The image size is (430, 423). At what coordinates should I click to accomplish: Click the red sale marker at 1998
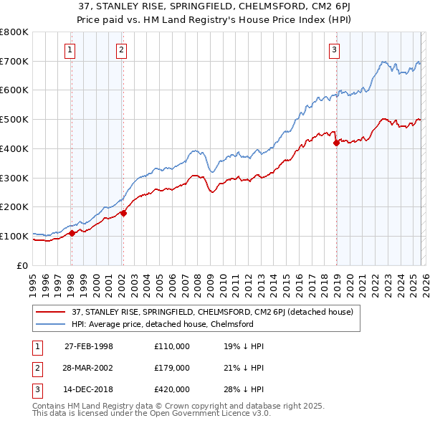(x=72, y=233)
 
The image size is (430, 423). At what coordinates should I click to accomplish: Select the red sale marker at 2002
(x=123, y=213)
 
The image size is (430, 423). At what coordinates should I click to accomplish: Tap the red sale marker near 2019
(x=336, y=143)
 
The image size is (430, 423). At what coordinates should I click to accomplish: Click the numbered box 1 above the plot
(x=70, y=49)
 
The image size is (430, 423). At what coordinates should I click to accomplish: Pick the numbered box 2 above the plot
(x=122, y=49)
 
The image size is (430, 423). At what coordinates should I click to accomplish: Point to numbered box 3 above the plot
(x=335, y=49)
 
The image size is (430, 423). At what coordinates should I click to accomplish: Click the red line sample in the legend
(x=51, y=312)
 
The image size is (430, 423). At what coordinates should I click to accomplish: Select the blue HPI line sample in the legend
(x=51, y=324)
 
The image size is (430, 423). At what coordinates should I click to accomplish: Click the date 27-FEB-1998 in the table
(x=89, y=346)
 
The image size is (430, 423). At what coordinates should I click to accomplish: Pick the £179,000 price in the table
(x=172, y=368)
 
